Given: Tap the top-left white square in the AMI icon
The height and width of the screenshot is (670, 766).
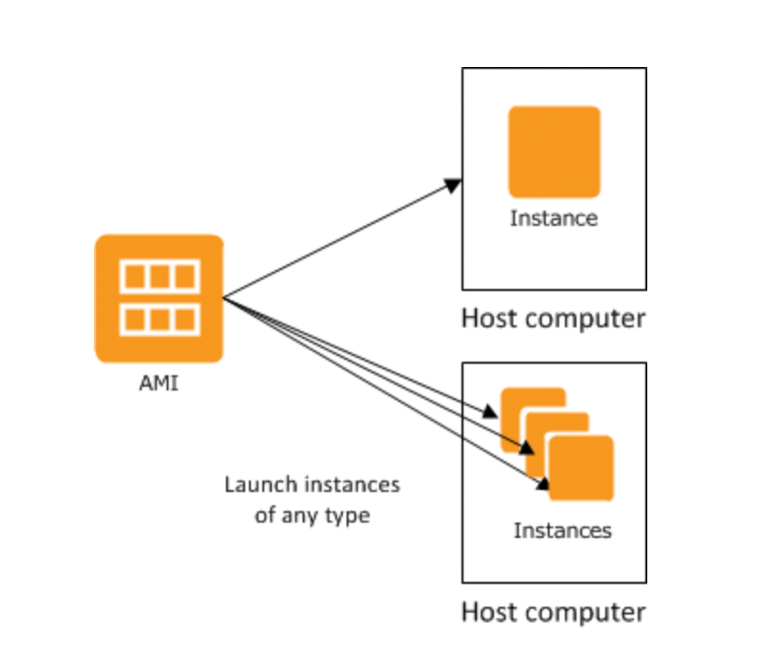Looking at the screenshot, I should (135, 277).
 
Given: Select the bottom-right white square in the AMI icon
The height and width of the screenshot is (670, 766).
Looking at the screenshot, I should (185, 319).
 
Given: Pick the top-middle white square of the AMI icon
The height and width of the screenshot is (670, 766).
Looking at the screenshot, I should (160, 277).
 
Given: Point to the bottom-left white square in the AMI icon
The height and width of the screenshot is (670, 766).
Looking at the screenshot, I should (135, 319).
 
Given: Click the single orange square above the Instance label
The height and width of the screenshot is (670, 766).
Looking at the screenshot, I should (553, 151).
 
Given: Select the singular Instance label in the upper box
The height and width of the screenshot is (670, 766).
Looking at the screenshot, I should (553, 218).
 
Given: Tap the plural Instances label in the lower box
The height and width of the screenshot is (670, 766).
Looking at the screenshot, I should (562, 529).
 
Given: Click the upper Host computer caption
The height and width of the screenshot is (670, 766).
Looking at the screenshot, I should (553, 318).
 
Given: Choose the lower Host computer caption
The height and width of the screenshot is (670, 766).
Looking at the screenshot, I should (553, 611).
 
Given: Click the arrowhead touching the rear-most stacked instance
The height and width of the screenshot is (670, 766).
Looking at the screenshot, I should (490, 413).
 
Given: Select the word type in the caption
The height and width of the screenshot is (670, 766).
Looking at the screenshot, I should (349, 516).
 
